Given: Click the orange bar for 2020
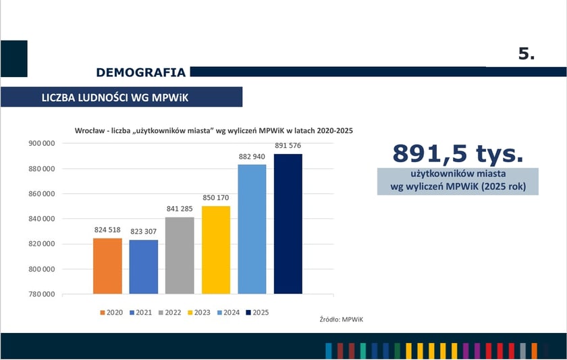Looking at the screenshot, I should (x=107, y=266).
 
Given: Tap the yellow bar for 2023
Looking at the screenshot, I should (x=216, y=250).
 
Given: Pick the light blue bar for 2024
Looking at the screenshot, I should (x=252, y=229).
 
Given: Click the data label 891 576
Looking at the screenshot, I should (x=288, y=146).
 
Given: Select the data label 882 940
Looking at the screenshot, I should (x=252, y=157).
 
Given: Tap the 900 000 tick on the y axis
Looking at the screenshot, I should (x=41, y=143).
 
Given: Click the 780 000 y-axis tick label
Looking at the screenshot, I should (x=41, y=294).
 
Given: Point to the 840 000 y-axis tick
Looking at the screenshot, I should (x=41, y=219).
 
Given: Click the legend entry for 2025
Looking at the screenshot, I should (x=257, y=313).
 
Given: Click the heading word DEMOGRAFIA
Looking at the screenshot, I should (x=140, y=72).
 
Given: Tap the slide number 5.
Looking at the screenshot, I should (x=526, y=55).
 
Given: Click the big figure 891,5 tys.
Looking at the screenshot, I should (x=458, y=153).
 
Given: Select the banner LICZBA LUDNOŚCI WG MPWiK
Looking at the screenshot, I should (x=115, y=97).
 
